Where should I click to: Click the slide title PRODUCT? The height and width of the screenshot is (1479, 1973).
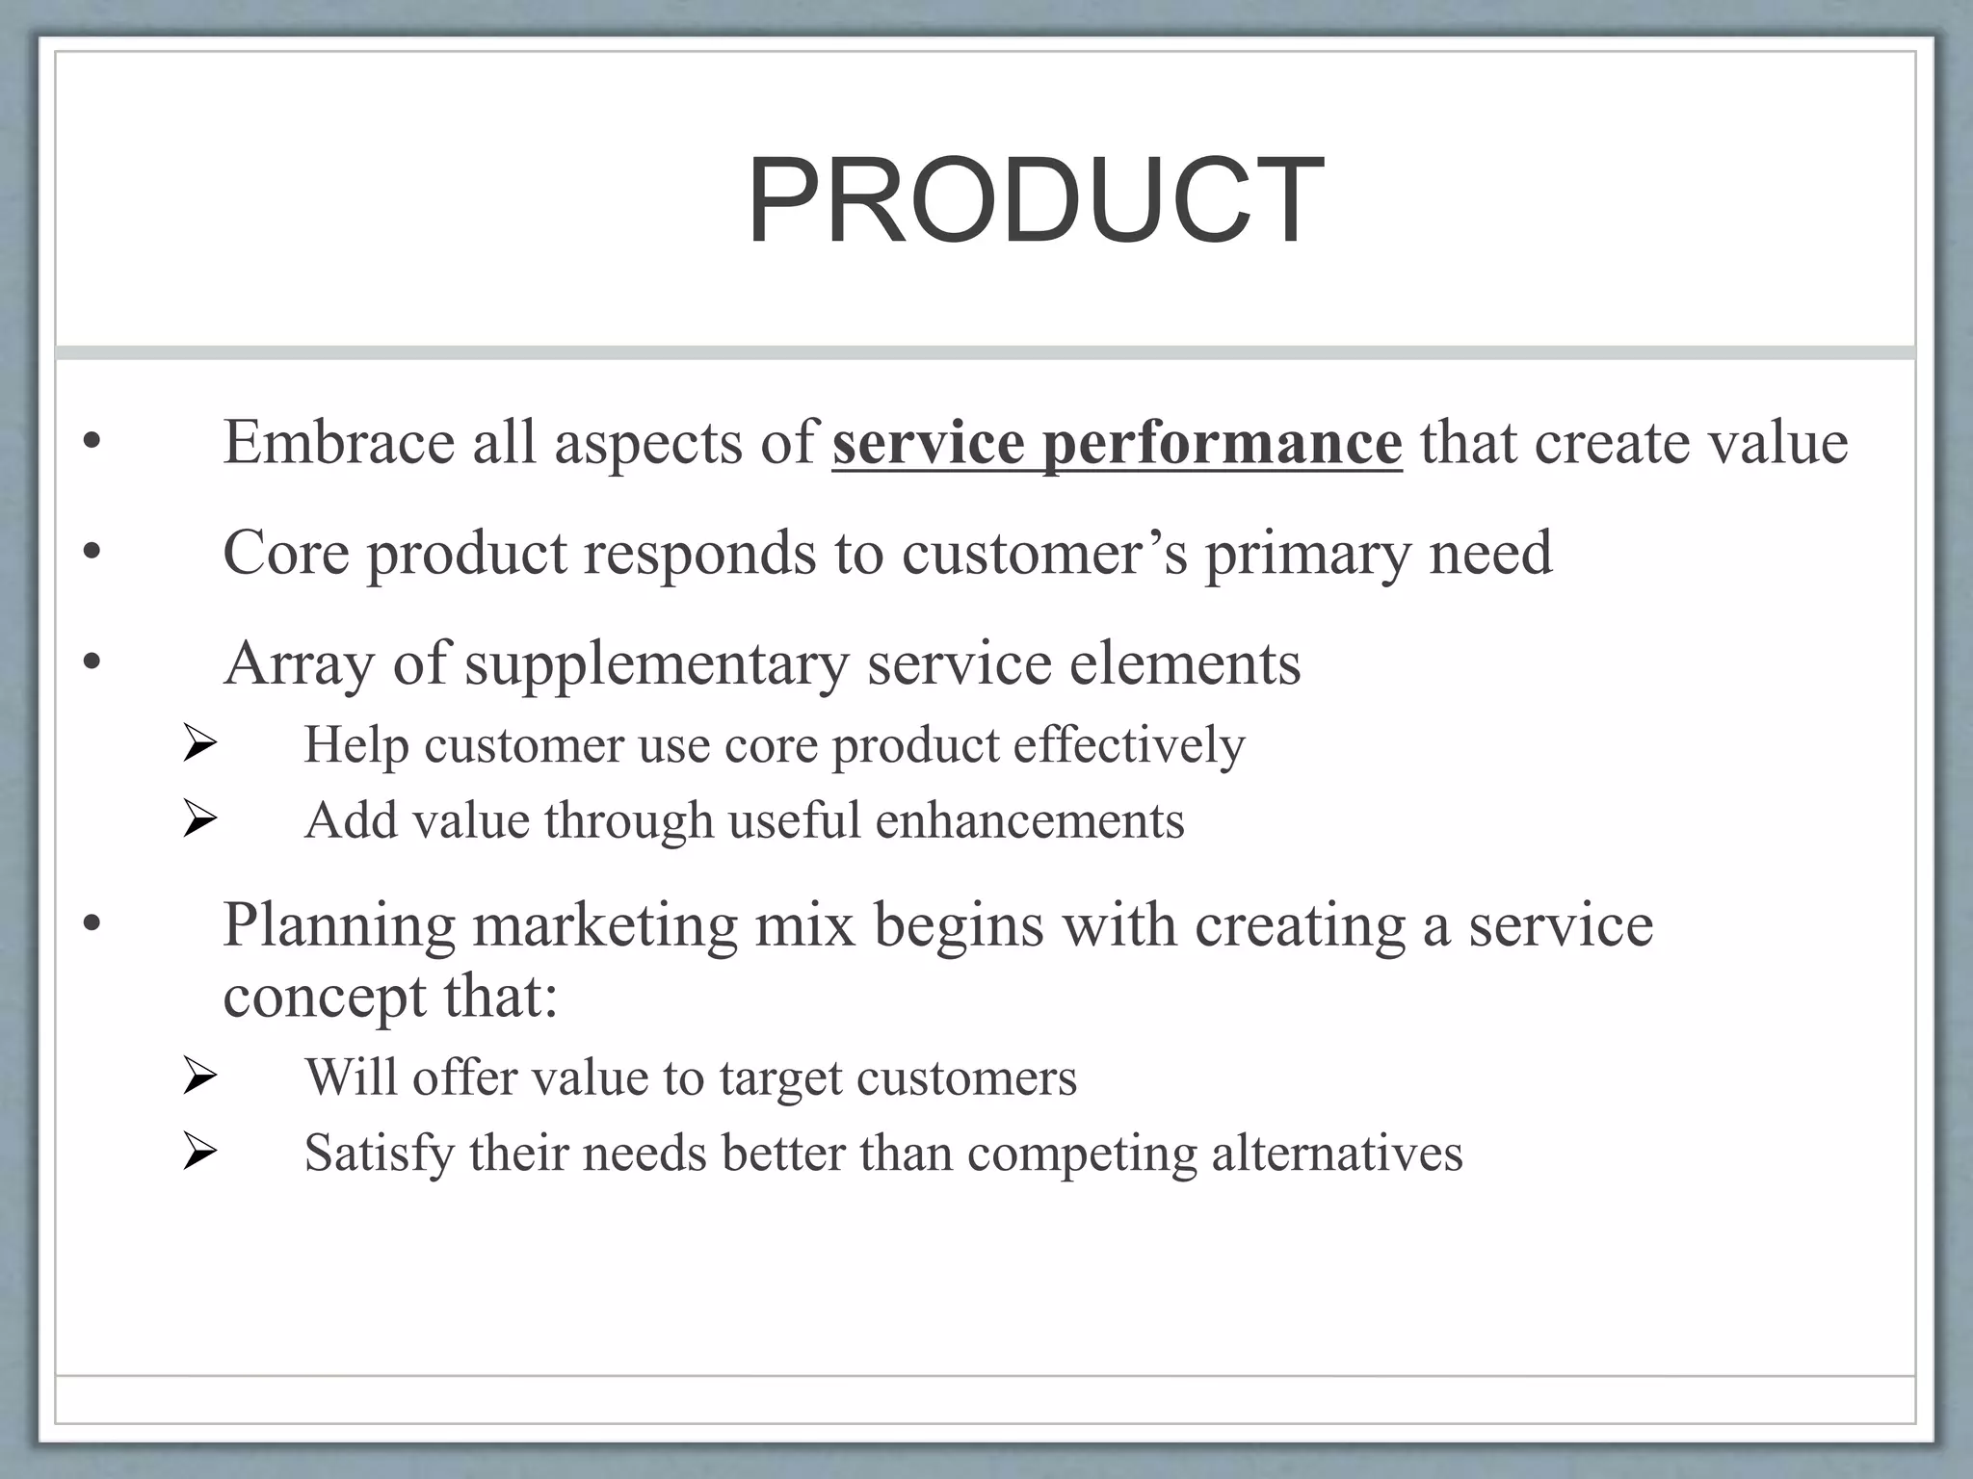tap(1035, 202)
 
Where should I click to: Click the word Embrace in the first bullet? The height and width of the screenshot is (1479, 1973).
tap(338, 443)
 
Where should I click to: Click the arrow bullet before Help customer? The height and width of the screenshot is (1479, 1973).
tap(199, 745)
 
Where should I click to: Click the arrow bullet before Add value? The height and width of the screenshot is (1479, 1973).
tap(199, 820)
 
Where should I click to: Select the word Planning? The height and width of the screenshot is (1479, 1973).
tap(338, 926)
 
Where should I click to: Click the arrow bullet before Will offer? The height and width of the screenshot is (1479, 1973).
tap(199, 1077)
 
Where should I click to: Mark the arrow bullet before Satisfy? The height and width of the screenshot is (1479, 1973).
tap(199, 1153)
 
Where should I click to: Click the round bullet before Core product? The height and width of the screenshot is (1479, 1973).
tap(92, 553)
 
